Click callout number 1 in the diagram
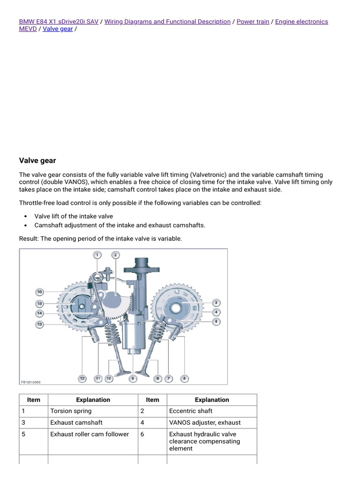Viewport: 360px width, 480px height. coord(97,255)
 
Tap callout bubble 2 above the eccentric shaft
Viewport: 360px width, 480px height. coord(115,255)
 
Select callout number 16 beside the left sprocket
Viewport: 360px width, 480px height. coord(40,292)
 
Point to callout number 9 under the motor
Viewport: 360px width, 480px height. coord(133,377)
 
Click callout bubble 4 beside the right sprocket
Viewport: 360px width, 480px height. coord(216,312)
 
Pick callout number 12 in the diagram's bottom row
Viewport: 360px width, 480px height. coord(82,378)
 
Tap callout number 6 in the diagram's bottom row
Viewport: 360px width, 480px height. coord(185,378)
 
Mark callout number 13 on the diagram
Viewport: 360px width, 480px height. coord(40,324)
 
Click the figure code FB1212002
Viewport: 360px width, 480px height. coord(30,382)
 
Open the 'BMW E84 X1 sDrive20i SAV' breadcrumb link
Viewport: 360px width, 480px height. coord(59,22)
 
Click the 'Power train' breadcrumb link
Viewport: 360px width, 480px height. coord(253,22)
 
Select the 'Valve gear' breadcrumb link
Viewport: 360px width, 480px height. coord(58,29)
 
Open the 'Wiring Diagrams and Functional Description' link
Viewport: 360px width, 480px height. coord(167,22)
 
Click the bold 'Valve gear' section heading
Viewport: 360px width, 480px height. coord(37,161)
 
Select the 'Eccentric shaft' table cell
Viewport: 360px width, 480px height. coord(190,411)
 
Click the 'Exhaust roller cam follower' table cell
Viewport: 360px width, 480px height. coord(89,434)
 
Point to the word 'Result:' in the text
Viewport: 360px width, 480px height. coord(29,239)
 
